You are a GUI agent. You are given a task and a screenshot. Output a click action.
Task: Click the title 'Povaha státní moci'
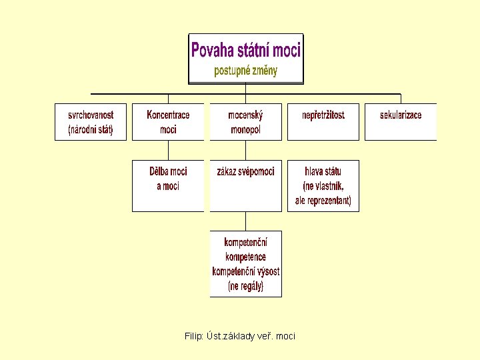coord(246,50)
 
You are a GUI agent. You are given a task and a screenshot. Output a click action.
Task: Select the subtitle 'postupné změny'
coord(246,71)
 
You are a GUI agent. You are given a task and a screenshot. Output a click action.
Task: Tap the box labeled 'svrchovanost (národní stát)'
coord(91,122)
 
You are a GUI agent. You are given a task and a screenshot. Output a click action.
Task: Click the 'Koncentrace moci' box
coord(168,122)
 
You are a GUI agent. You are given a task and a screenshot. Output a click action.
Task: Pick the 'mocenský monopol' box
coord(245,122)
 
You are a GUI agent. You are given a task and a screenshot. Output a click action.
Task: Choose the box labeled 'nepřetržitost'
coord(323,122)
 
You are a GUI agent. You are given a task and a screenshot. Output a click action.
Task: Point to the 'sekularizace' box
coord(401,122)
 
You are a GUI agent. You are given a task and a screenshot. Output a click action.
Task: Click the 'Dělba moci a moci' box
coord(168,185)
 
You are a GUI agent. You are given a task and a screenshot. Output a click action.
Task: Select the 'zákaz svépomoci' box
coord(245,185)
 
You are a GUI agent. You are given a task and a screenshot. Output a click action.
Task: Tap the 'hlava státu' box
coord(323,185)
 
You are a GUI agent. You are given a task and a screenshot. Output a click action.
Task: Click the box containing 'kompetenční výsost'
coord(245,263)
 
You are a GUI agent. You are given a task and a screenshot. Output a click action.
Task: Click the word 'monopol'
coord(245,130)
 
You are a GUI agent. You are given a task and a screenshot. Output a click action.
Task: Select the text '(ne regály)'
coord(245,287)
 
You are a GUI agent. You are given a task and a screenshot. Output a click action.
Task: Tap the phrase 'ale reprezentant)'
coord(323,201)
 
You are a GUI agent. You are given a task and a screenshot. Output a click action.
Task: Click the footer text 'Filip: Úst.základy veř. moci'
coord(240,336)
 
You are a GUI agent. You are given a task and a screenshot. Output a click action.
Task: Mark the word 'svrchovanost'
coord(91,115)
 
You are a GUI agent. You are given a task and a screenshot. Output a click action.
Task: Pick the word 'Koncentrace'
coord(168,115)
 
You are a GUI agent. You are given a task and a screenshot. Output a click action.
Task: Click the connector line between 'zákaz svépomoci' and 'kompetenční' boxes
coord(246,221)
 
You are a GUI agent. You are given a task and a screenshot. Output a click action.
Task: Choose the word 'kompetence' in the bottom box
coord(245,257)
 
